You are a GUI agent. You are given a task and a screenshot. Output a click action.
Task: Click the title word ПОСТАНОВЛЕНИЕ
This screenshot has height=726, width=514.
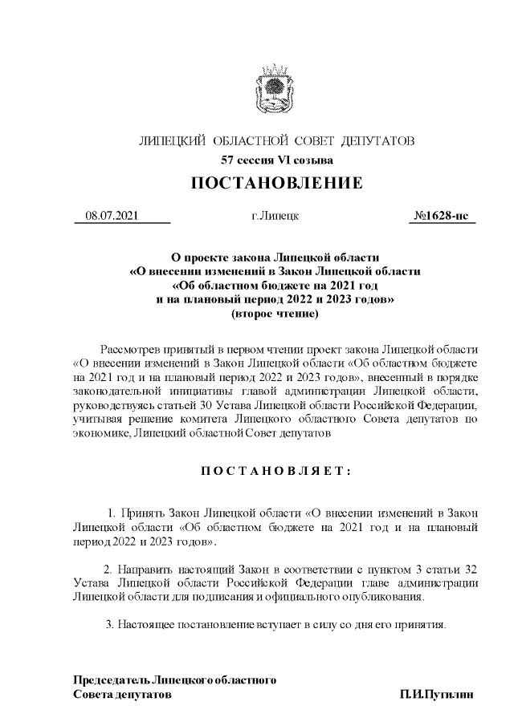click(x=276, y=184)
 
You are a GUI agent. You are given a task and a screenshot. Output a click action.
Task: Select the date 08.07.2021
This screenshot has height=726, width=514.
click(x=113, y=216)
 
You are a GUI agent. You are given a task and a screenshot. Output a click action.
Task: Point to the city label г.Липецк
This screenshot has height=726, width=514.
click(x=275, y=216)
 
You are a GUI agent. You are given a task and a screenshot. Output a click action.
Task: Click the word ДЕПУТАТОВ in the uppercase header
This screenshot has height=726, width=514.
click(x=377, y=142)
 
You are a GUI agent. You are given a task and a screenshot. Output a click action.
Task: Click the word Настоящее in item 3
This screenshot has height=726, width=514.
click(x=143, y=624)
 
